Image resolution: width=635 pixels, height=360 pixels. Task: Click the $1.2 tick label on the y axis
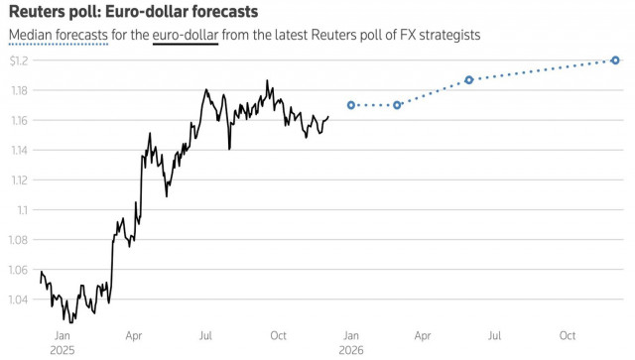coord(20,60)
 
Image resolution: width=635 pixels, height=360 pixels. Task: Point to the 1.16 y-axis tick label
coord(20,120)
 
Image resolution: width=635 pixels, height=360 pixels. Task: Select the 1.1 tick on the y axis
coord(23,209)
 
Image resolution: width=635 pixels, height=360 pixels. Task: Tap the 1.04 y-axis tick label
coord(20,300)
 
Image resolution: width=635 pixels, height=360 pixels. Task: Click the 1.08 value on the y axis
coord(20,240)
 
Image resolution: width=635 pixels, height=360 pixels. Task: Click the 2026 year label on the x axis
coord(350,350)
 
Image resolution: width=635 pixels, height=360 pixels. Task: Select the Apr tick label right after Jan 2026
coord(423,336)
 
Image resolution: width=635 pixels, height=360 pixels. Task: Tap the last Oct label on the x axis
coord(568,336)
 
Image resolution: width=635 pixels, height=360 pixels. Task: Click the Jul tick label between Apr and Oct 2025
coord(205,336)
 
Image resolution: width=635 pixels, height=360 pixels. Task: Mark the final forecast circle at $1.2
coord(615,60)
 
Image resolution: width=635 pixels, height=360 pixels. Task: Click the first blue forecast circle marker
coord(351,105)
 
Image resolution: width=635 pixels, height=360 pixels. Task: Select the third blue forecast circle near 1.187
coord(469,79)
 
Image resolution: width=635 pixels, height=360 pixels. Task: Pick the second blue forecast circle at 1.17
coord(397,105)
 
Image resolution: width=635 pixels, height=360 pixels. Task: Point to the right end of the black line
coord(328,117)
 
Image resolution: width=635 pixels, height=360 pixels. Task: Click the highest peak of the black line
coord(267,81)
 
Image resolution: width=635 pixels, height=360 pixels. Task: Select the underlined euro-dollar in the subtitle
coord(186,36)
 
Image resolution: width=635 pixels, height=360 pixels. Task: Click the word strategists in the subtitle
coord(449,36)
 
